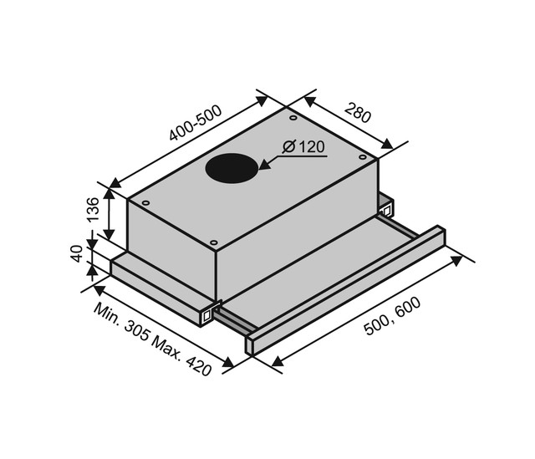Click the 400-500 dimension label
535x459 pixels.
point(196,123)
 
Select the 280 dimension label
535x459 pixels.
point(357,113)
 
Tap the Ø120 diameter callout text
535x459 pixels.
point(303,147)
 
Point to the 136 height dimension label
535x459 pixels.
point(93,210)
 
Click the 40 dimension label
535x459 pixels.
point(77,253)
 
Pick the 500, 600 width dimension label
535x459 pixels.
point(392,316)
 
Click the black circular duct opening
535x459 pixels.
point(232,168)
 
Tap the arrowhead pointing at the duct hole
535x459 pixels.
point(266,165)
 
